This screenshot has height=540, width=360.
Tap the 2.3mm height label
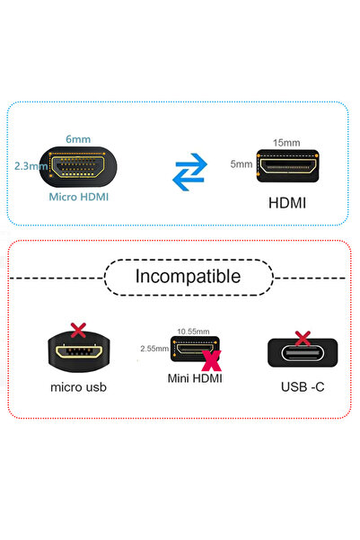point(30,165)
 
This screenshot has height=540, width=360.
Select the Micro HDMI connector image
point(77,166)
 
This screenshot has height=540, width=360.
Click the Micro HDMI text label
point(78,196)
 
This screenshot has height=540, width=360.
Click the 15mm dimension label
point(287,143)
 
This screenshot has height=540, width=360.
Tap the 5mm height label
point(241,164)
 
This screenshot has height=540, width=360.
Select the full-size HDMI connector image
point(287,165)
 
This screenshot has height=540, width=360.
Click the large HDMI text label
point(287,202)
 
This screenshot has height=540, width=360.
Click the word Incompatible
point(188,277)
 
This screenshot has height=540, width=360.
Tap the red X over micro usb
point(77,331)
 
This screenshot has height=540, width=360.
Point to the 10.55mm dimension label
point(194,331)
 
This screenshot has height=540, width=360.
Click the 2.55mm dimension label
point(154,348)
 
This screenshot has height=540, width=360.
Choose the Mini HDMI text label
point(195,379)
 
